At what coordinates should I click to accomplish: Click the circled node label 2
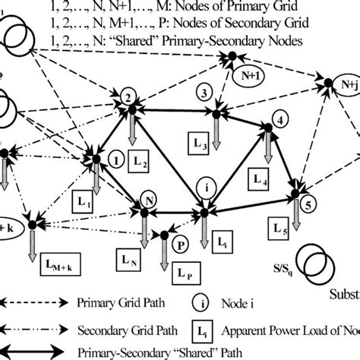130,97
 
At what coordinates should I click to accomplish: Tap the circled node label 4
280,120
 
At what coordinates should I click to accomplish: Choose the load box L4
261,181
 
